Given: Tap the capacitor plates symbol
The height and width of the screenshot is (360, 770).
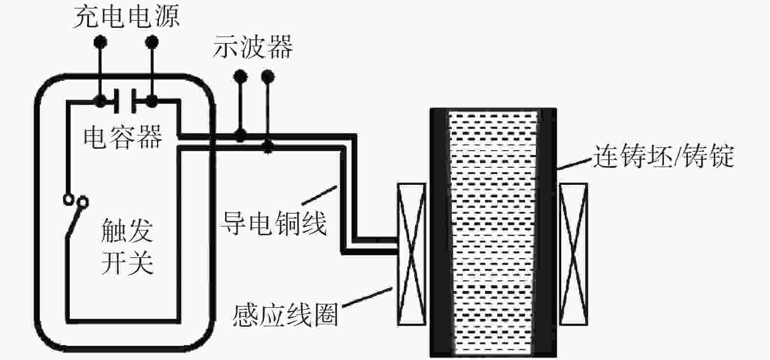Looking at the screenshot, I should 125,101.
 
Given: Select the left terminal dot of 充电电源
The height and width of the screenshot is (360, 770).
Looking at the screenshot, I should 100,42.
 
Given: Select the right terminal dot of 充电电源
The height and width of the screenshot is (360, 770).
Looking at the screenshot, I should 152,42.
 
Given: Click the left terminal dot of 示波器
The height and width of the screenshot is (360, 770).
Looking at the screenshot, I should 240,76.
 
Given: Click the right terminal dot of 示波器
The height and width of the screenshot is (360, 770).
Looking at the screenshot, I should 268,76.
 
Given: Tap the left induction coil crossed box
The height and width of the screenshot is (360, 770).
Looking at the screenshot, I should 411,254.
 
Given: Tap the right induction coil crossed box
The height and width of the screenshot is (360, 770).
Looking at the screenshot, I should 573,254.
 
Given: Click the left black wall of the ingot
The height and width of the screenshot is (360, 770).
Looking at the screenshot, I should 439,232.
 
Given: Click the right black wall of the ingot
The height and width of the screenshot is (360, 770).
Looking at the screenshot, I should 547,232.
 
